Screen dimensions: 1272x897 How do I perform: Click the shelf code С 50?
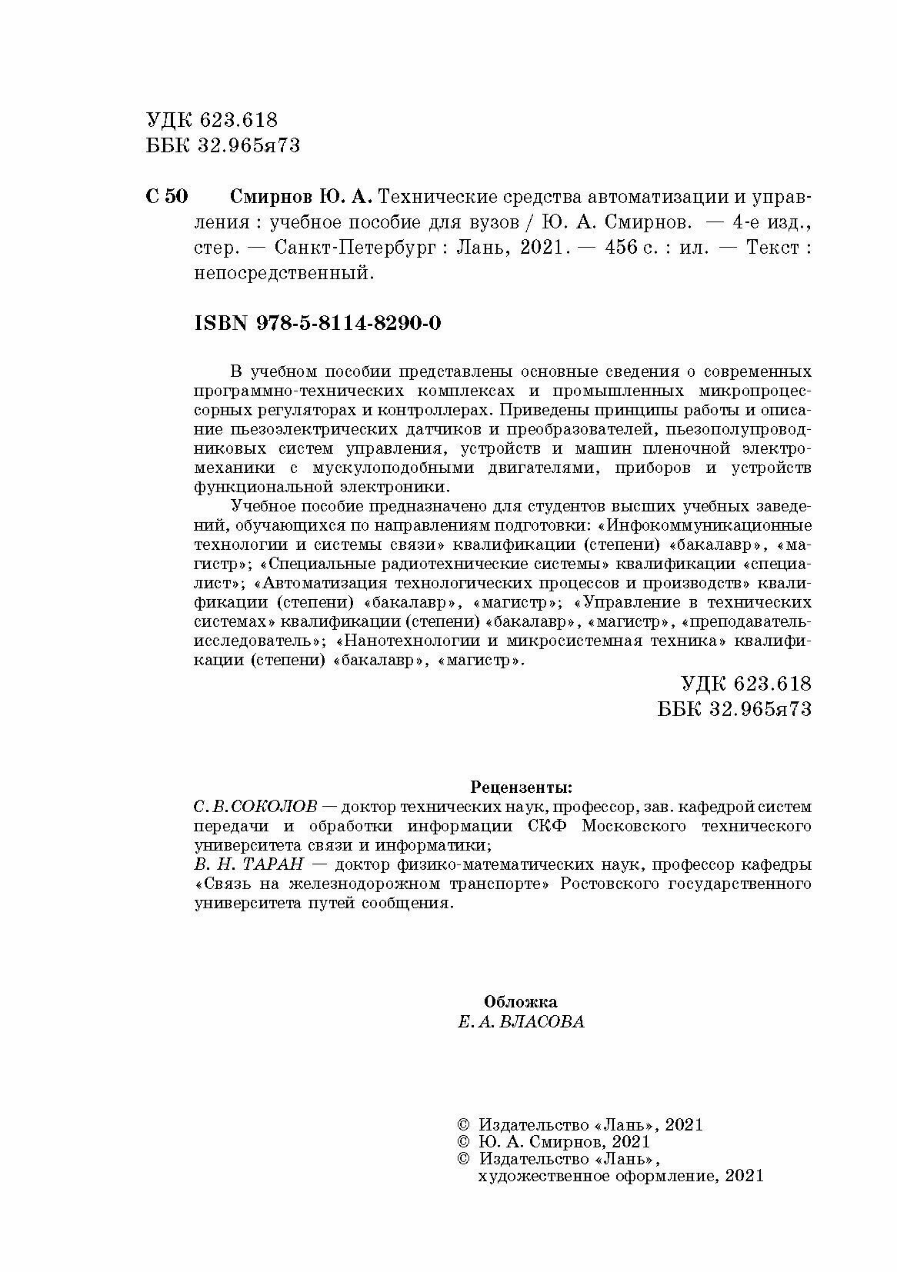coord(165,198)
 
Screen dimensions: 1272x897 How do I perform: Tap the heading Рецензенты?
coord(521,788)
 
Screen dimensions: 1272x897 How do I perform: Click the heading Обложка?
coord(521,1002)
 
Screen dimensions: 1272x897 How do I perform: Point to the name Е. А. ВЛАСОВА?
coord(521,1022)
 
